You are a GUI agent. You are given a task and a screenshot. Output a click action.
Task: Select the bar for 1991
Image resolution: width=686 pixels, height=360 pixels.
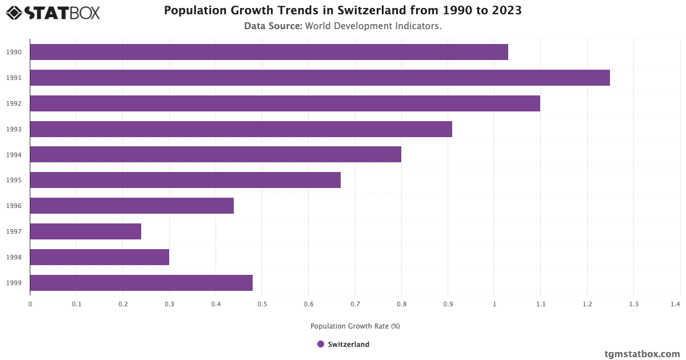(x=320, y=78)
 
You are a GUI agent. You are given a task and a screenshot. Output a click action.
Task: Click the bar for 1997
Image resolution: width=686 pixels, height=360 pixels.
(x=86, y=231)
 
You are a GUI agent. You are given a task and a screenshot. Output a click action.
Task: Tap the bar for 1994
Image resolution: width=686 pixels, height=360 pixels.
(x=216, y=154)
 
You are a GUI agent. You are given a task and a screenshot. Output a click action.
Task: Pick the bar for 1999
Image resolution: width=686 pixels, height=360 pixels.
(x=141, y=283)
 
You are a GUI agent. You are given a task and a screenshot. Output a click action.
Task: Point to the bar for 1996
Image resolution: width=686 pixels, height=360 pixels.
(x=131, y=206)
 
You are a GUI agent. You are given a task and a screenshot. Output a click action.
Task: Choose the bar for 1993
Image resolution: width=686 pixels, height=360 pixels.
(x=241, y=129)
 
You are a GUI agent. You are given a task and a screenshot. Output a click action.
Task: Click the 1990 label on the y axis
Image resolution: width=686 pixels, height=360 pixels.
(x=14, y=52)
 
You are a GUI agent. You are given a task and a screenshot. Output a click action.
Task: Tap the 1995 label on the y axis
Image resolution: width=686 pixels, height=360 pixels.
(x=14, y=180)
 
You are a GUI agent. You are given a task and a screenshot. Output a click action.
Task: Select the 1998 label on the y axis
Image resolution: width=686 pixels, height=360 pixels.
(x=14, y=257)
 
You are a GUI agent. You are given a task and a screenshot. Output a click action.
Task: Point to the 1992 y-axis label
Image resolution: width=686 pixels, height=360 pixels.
(x=14, y=103)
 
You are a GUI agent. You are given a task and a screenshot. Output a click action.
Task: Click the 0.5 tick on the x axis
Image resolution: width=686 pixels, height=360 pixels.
(x=262, y=305)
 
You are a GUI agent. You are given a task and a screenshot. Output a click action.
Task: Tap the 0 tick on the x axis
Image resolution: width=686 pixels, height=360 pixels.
(x=30, y=305)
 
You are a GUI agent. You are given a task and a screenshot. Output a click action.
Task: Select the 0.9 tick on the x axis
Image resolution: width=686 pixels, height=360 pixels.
(x=448, y=305)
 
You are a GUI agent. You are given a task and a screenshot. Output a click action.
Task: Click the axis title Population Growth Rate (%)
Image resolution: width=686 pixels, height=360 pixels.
(x=355, y=326)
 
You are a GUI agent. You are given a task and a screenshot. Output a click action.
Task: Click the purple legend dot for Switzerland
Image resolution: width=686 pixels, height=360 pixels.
(x=321, y=344)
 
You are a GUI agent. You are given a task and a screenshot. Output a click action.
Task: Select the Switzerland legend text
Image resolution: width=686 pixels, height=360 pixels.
(x=349, y=345)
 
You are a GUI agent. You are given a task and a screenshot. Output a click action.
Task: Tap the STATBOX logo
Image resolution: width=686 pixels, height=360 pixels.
(x=53, y=13)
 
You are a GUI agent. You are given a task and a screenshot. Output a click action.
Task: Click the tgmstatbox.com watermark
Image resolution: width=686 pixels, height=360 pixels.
(x=643, y=354)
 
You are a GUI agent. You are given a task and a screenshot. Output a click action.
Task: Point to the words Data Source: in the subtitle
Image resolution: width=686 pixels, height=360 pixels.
(x=273, y=26)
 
